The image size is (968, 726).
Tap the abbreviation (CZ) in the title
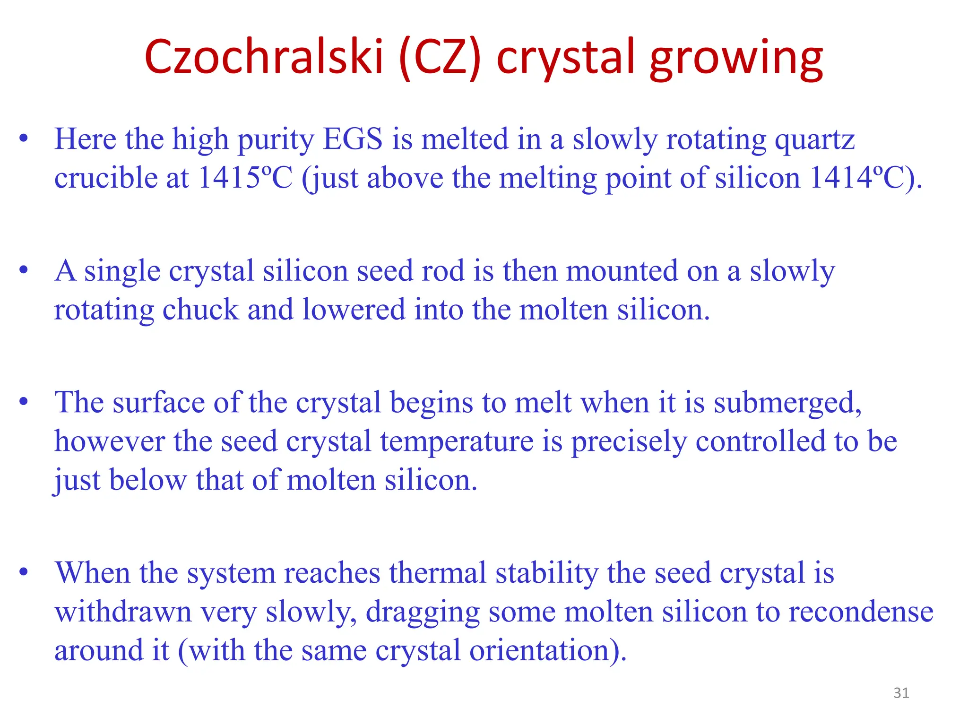click(439, 58)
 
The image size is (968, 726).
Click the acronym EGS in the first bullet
click(353, 139)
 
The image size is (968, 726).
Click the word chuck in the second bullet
click(200, 310)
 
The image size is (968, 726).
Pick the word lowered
click(354, 310)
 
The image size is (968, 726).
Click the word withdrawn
click(123, 612)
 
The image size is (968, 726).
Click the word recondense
click(861, 612)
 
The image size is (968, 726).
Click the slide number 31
click(901, 693)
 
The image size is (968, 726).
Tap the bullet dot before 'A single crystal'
click(24, 270)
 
